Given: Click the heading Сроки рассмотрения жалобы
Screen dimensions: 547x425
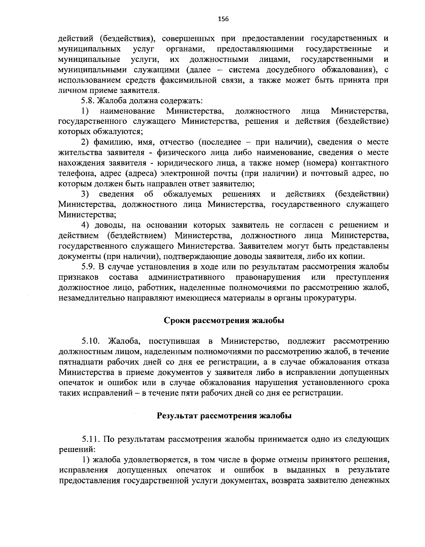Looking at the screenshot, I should pos(224,321).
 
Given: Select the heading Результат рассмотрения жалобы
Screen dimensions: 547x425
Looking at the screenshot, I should pos(224,416).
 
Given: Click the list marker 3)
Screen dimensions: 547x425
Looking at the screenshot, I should pos(85,194).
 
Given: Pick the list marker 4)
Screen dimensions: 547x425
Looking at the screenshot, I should pos(85,225).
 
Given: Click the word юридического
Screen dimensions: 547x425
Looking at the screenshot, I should pos(196,163).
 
